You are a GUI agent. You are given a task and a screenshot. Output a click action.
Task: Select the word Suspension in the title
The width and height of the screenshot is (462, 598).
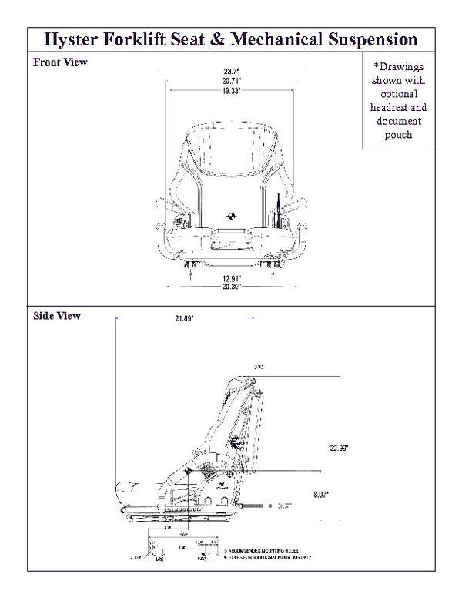coord(370,39)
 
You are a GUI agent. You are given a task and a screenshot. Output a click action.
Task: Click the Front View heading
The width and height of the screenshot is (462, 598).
coord(60,62)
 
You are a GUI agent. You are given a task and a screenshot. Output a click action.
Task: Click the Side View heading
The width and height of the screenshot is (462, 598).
coord(57,315)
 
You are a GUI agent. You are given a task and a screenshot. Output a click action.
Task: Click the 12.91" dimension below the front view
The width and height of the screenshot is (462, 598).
coord(230,277)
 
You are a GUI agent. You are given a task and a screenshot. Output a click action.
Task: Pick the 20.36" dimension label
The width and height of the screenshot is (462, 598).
coord(230,286)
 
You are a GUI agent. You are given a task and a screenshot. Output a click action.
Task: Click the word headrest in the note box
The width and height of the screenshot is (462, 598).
coord(399,107)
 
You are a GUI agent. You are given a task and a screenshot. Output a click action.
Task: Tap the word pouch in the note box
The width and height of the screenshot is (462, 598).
coord(399,135)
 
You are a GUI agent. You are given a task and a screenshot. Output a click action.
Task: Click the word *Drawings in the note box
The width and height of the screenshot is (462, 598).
coord(399,66)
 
